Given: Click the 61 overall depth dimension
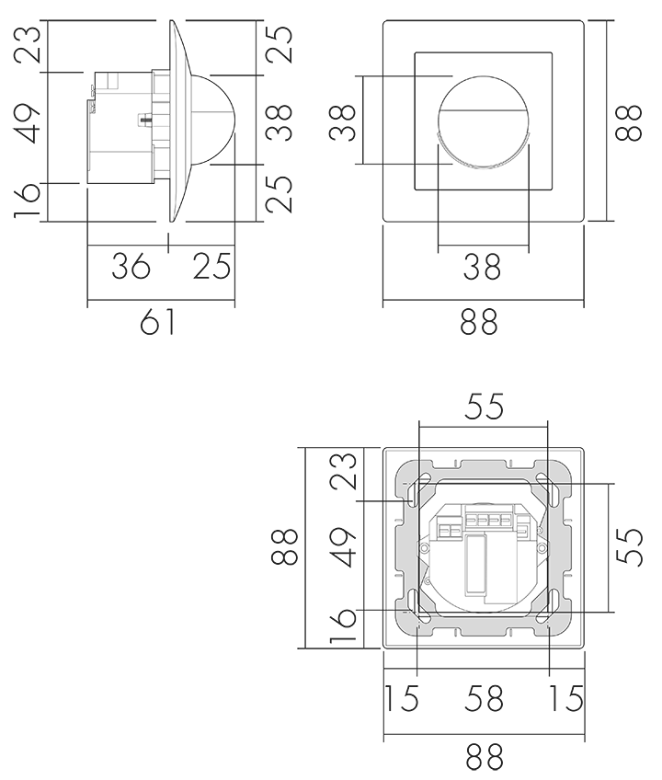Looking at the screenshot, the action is coord(157,321).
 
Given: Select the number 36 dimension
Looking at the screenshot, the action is coord(131,266).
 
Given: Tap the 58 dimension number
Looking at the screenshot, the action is coord(484,698).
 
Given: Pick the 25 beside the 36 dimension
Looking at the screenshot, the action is coord(212,266).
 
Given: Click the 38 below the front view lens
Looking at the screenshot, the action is coord(482,267).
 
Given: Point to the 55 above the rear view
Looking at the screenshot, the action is coord(484,406).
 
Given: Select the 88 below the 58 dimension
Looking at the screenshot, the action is coord(485,757).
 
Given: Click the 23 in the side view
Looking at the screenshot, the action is coord(27,44).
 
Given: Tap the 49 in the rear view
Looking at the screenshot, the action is coord(344,547).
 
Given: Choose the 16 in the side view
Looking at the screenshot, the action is coord(27,201).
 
